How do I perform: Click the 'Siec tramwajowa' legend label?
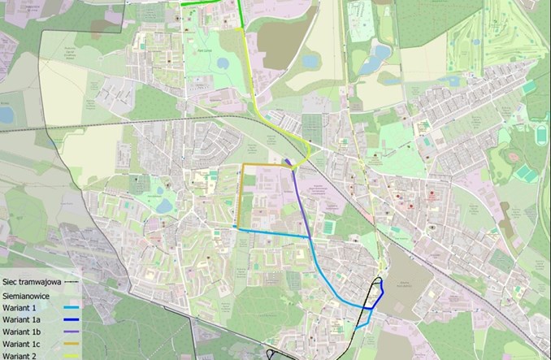pyautogui.click(x=31, y=281)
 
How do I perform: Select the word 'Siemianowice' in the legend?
pyautogui.click(x=28, y=296)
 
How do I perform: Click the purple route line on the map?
pyautogui.click(x=302, y=199)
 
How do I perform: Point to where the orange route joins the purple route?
pyautogui.click(x=291, y=165)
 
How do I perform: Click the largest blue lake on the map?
pyautogui.click(x=379, y=54)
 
